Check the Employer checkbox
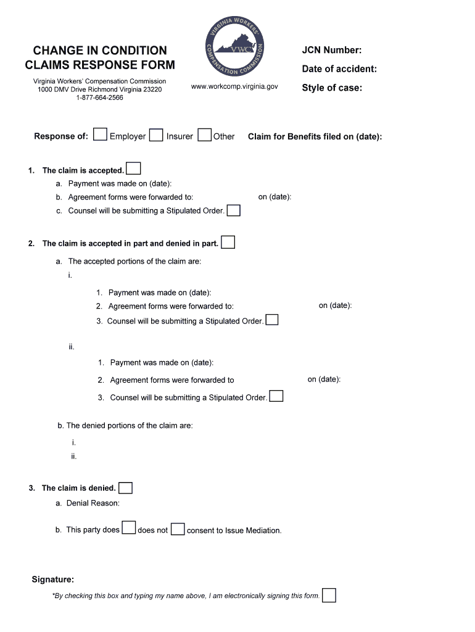101,135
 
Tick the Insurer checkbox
156,135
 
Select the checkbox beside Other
205,135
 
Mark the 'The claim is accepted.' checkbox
133,168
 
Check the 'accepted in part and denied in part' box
228,242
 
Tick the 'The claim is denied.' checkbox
125,488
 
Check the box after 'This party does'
128,528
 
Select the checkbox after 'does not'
178,530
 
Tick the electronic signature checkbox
329,595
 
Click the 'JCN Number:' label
331,51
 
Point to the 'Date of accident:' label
339,69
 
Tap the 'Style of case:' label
331,88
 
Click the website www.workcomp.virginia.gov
234,87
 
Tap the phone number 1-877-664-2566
99,98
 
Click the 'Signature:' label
53,580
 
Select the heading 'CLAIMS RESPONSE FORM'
100,65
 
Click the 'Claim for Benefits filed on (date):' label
315,137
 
